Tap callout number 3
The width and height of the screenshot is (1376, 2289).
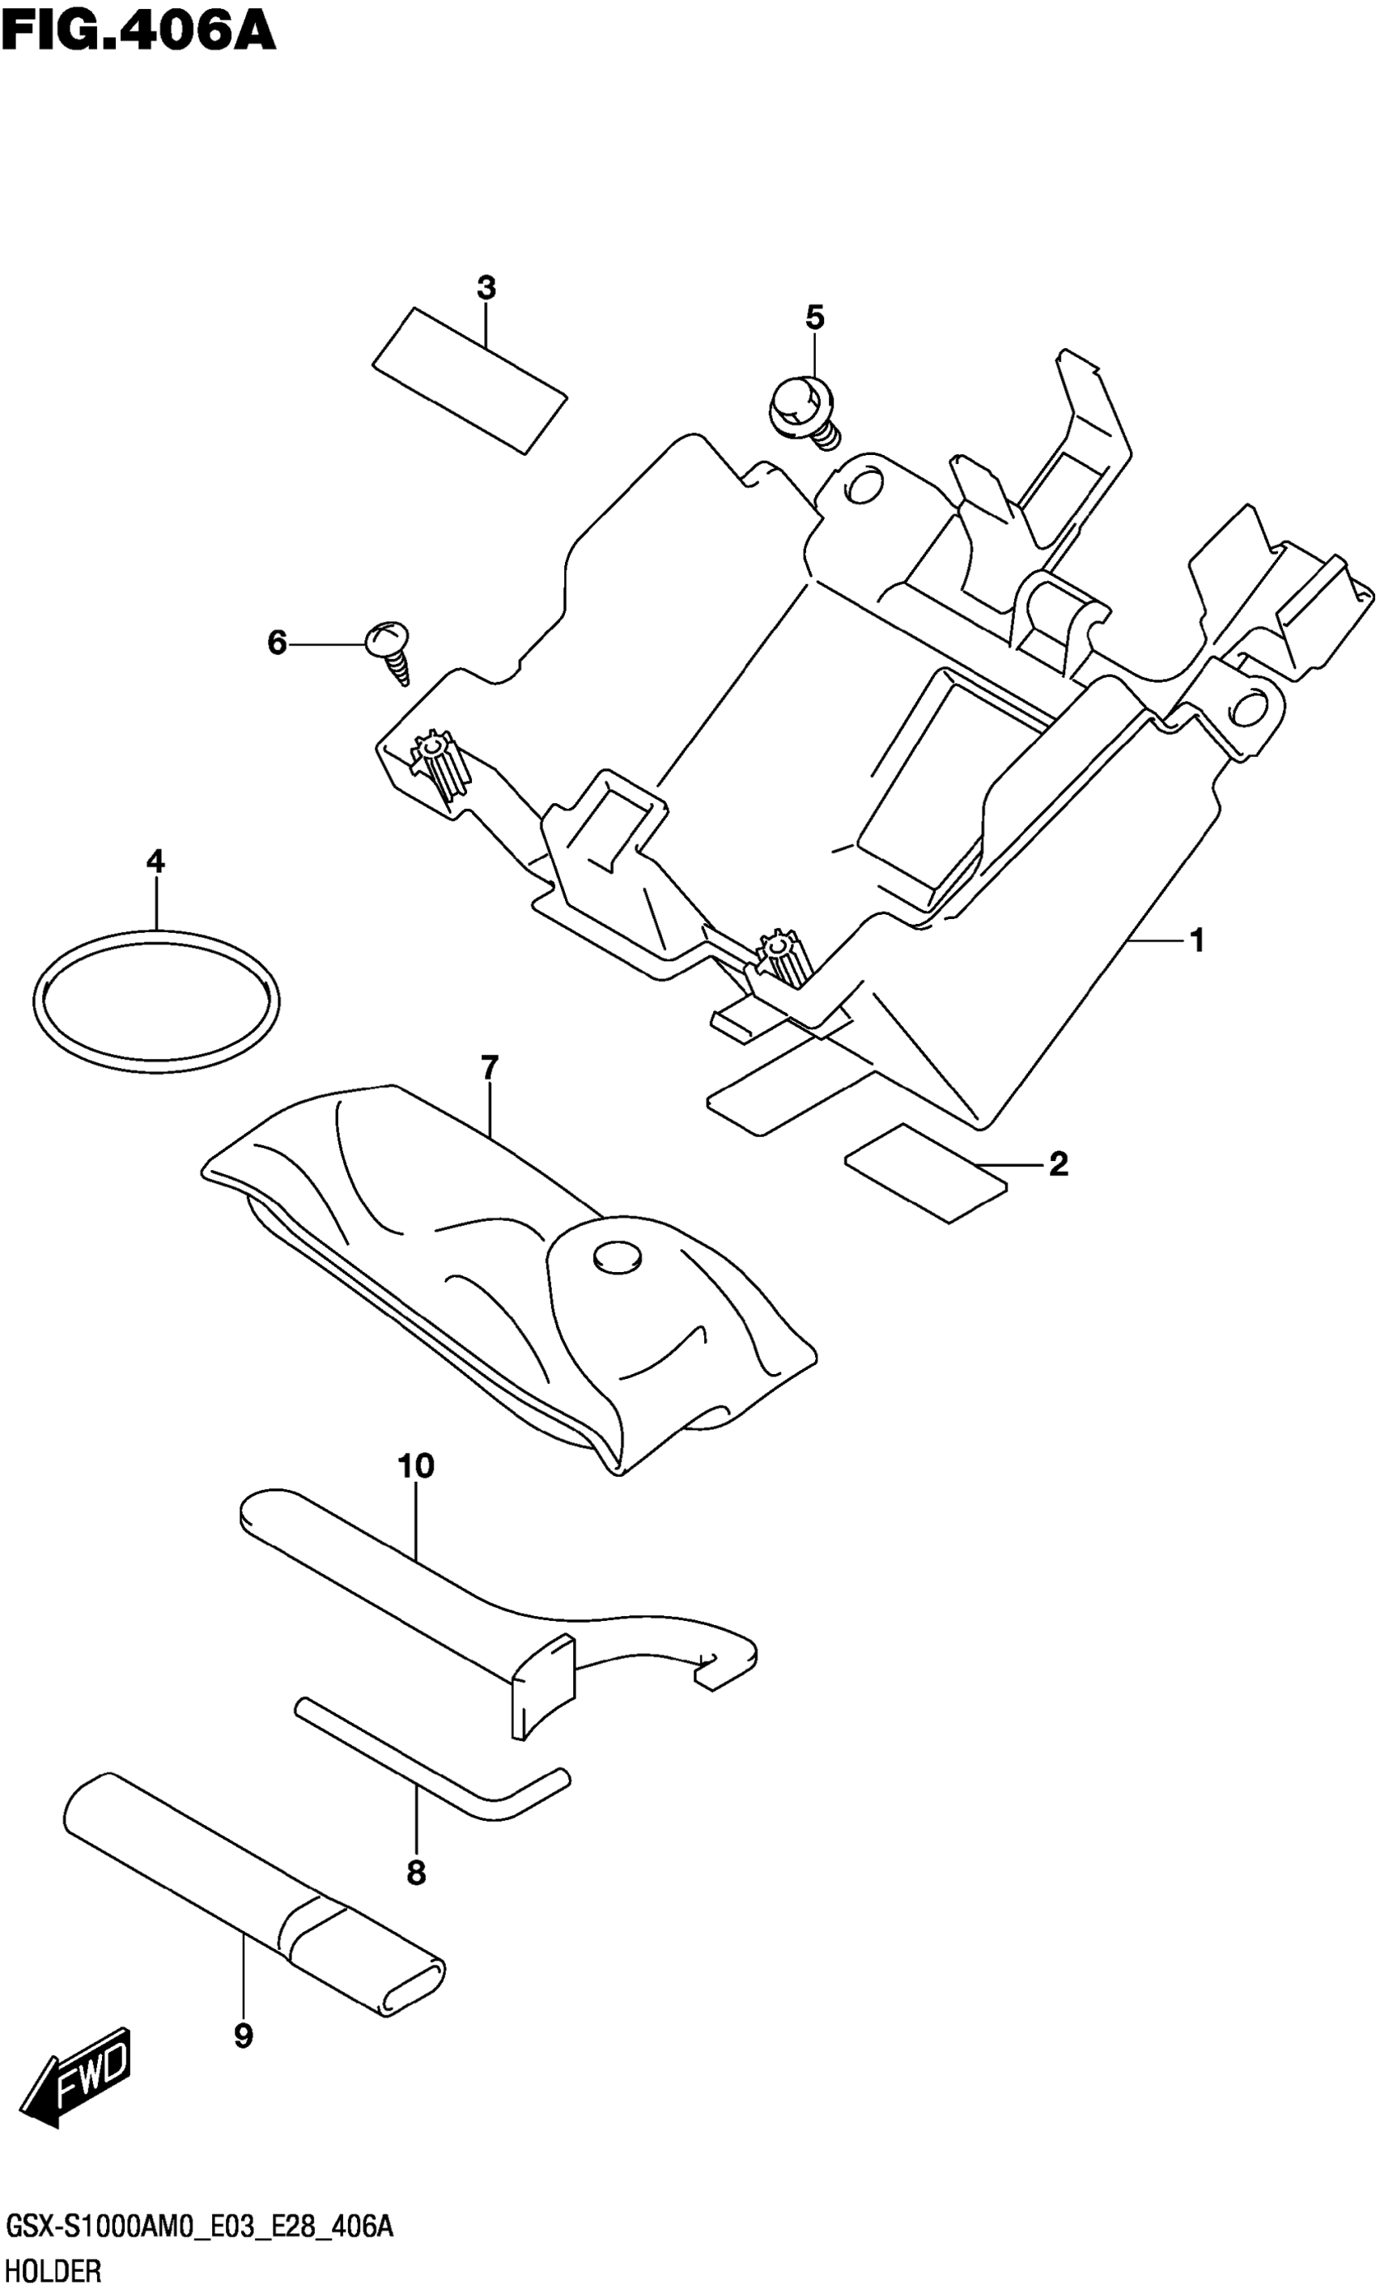[486, 288]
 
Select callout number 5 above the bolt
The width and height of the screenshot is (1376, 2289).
[814, 318]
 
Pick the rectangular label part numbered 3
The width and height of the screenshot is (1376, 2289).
[469, 381]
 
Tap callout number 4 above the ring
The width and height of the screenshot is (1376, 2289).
[155, 862]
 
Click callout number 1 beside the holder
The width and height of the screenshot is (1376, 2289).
[1196, 942]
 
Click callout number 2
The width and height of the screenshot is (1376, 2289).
[1058, 1164]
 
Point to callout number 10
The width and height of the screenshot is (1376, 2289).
[415, 1466]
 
